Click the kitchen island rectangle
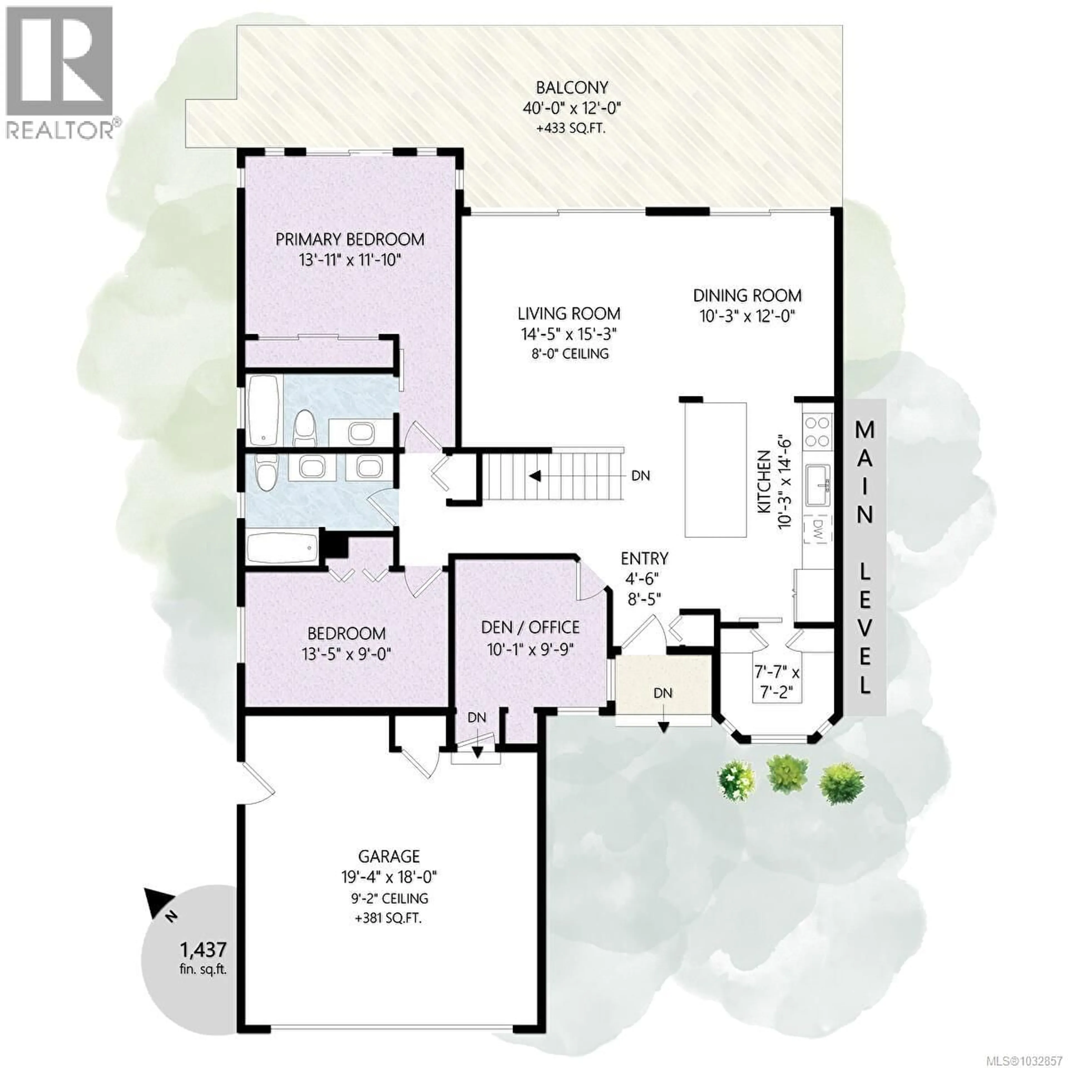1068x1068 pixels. (x=716, y=470)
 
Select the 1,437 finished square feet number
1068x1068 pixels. (x=203, y=950)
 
